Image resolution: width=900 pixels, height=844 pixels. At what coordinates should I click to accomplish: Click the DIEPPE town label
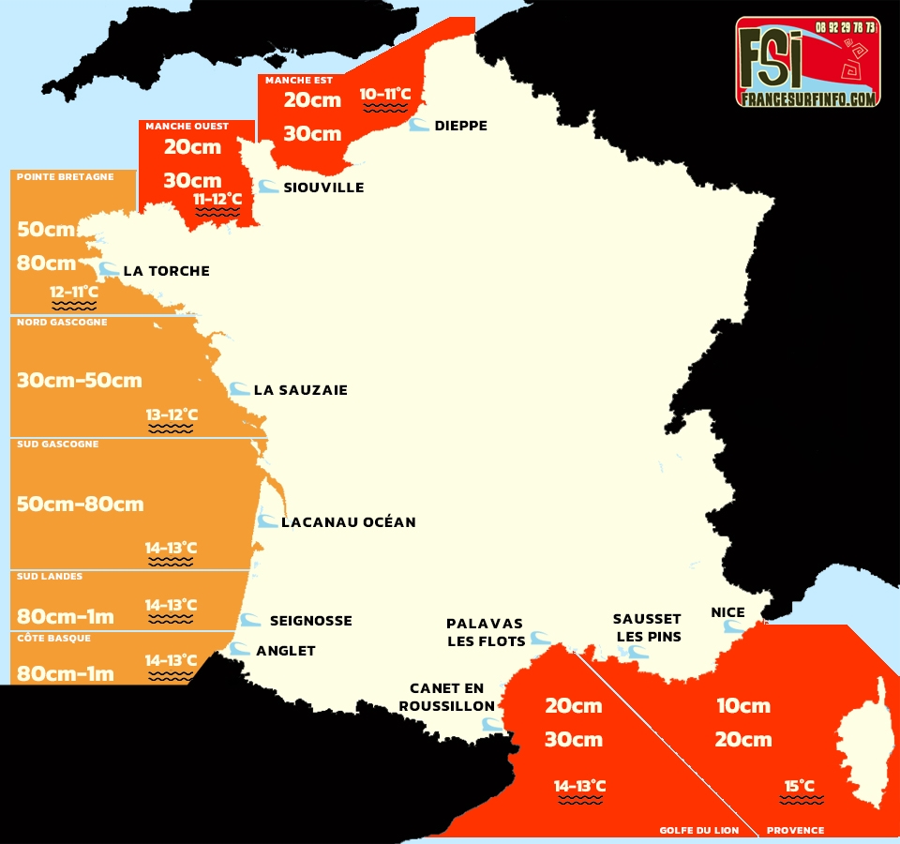pyautogui.click(x=460, y=126)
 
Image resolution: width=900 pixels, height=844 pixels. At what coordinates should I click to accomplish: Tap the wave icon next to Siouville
pyautogui.click(x=268, y=187)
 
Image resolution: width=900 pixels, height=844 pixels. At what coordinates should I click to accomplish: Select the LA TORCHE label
pyautogui.click(x=166, y=271)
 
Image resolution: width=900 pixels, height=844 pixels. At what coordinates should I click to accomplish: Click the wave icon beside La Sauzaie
pyautogui.click(x=239, y=389)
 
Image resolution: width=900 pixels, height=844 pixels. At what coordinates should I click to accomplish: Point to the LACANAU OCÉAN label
pyautogui.click(x=348, y=522)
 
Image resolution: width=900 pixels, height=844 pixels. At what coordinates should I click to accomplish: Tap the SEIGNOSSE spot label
pyautogui.click(x=310, y=621)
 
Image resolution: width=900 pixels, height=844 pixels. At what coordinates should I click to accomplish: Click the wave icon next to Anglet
pyautogui.click(x=240, y=649)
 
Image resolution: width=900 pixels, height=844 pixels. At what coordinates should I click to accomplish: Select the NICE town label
pyautogui.click(x=727, y=612)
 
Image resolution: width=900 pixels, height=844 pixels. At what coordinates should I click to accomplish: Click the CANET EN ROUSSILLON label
pyautogui.click(x=447, y=698)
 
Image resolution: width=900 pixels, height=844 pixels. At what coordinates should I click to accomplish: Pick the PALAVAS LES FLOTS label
pyautogui.click(x=485, y=632)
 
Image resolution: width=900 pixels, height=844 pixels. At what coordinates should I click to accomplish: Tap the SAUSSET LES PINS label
pyautogui.click(x=647, y=627)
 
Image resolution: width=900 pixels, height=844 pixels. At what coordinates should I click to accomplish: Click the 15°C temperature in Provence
pyautogui.click(x=800, y=786)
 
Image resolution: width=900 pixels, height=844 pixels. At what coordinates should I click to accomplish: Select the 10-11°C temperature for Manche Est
pyautogui.click(x=385, y=94)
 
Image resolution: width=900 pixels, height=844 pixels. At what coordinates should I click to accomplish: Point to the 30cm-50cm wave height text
pyautogui.click(x=80, y=380)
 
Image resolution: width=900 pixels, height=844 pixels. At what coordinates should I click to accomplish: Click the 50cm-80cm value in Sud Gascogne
pyautogui.click(x=81, y=504)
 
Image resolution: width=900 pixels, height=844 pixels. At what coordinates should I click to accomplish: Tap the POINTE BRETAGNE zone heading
pyautogui.click(x=66, y=176)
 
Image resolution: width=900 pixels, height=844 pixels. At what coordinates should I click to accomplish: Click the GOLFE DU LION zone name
pyautogui.click(x=698, y=830)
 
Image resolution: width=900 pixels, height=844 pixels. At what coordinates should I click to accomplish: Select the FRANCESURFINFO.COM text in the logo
pyautogui.click(x=807, y=98)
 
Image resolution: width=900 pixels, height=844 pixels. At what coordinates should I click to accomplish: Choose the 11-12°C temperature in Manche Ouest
pyautogui.click(x=217, y=199)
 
